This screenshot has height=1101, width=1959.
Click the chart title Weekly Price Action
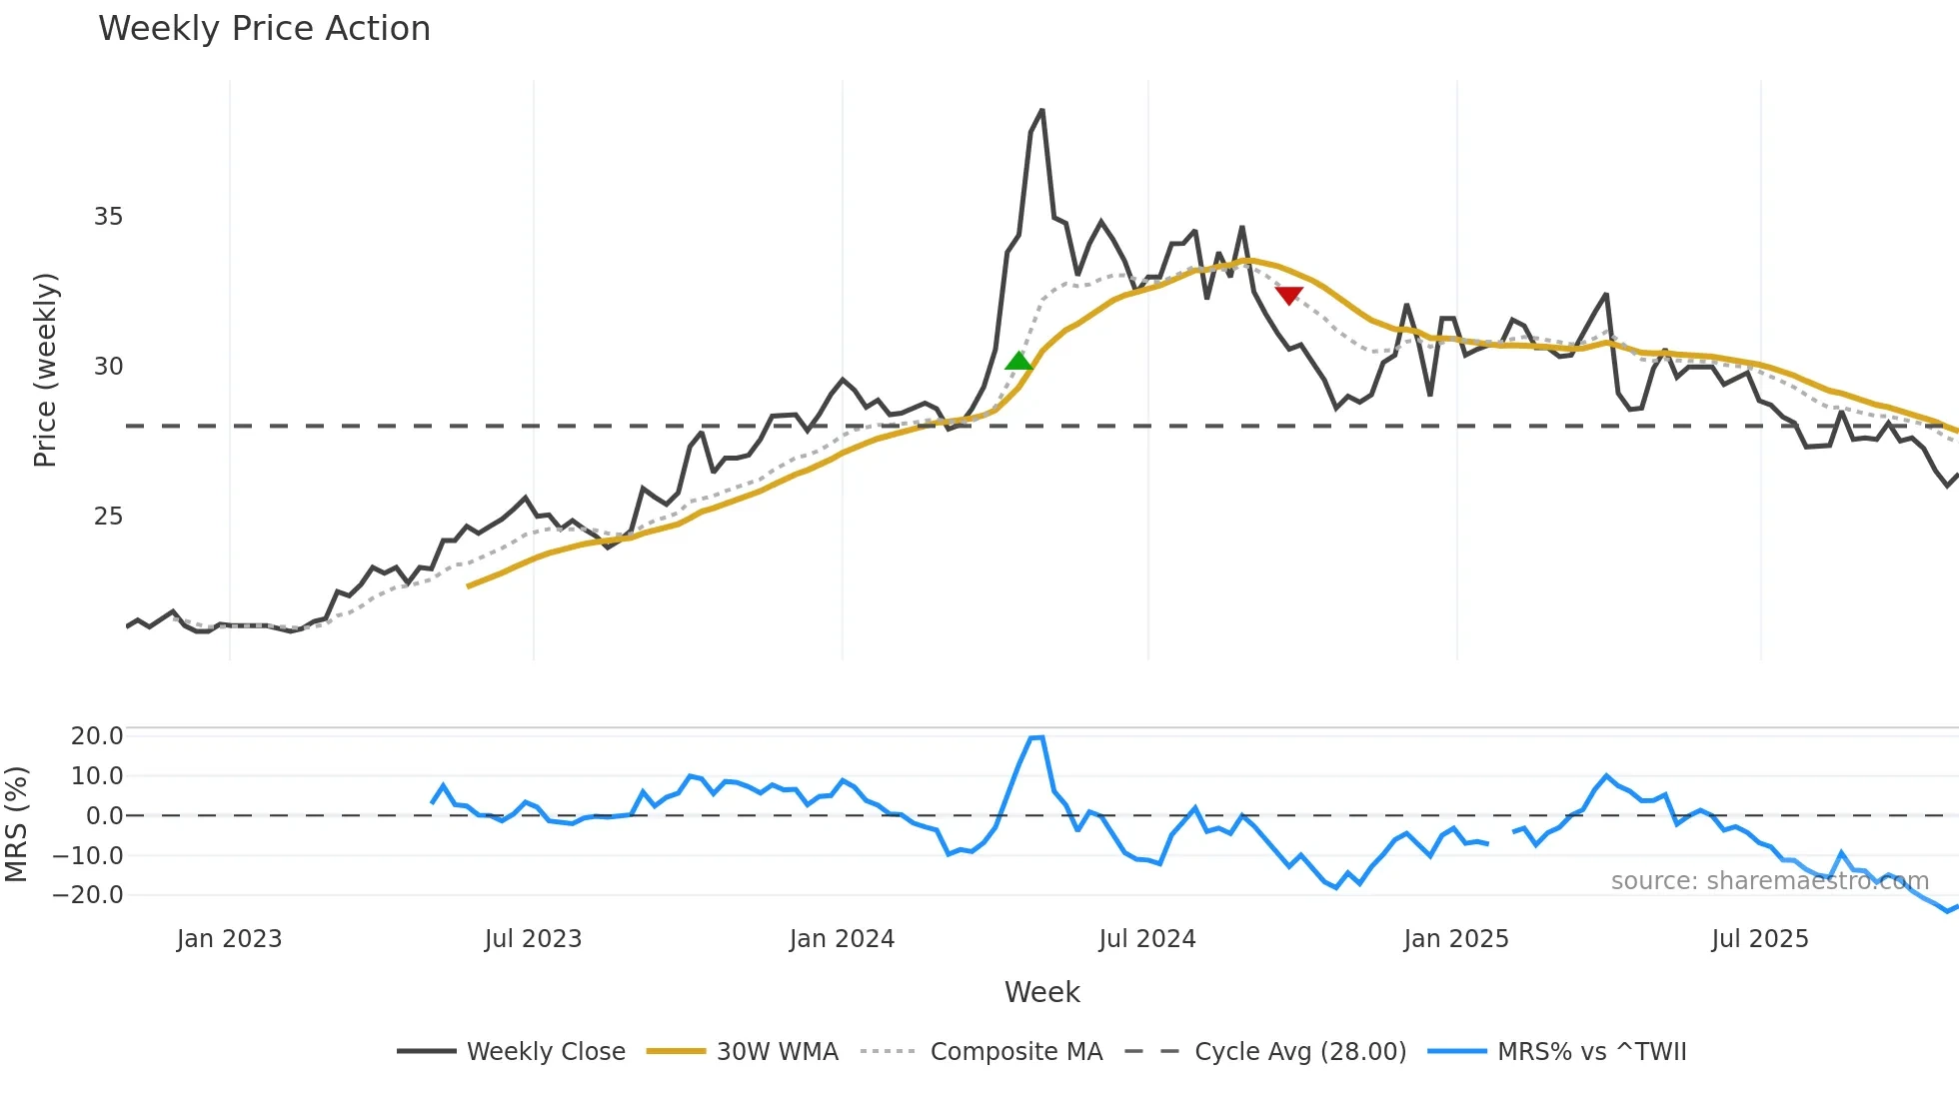[264, 29]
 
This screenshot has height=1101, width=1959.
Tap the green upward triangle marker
[1018, 361]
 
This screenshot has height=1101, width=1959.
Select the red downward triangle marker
[1289, 296]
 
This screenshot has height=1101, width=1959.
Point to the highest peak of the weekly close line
[1042, 110]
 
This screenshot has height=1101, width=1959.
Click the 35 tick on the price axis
[108, 217]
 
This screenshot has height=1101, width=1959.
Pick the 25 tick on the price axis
[108, 517]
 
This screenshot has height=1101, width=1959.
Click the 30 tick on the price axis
[108, 367]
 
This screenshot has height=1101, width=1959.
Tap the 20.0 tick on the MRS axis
[97, 736]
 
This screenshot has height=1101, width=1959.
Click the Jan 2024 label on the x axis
[842, 939]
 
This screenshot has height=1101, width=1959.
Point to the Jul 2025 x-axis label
[1760, 939]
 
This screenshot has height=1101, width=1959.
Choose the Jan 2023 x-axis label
[229, 939]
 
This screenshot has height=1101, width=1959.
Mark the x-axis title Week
[1041, 992]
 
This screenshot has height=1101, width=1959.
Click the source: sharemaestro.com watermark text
[1769, 881]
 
